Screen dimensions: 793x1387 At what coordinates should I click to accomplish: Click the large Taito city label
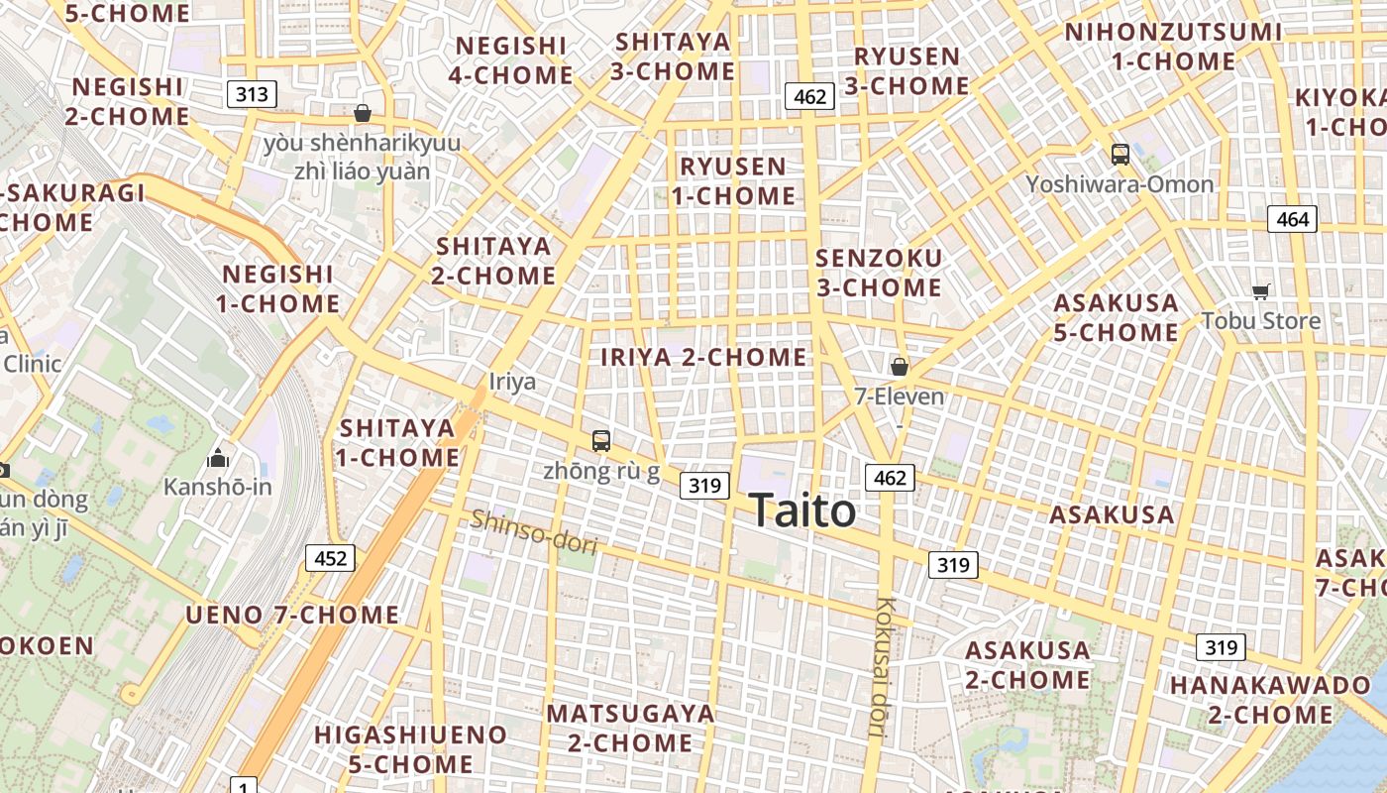(x=802, y=511)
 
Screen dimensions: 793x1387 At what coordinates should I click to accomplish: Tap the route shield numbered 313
(x=252, y=94)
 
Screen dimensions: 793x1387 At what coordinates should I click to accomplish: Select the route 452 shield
(x=330, y=558)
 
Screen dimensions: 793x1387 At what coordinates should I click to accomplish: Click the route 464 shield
(x=1293, y=219)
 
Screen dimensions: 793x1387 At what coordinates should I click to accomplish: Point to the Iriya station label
(x=512, y=382)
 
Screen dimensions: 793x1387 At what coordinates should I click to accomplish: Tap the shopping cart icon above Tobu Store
(x=1260, y=291)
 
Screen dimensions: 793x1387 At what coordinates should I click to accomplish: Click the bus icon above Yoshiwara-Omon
(x=1120, y=155)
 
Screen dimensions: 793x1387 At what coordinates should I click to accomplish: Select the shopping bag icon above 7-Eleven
(x=899, y=367)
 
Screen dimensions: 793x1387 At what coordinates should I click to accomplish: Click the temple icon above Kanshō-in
(x=217, y=458)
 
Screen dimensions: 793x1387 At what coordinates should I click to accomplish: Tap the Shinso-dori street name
(x=534, y=531)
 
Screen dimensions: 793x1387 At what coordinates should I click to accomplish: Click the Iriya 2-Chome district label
(x=703, y=357)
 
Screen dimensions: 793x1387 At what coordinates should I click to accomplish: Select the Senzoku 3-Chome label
(x=878, y=273)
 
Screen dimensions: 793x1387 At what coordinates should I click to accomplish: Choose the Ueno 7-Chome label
(x=292, y=615)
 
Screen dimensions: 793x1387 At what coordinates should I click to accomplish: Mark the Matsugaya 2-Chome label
(x=630, y=728)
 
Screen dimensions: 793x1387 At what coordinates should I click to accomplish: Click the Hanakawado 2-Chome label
(x=1270, y=700)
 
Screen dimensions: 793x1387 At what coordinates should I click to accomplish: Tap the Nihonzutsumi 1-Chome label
(x=1173, y=47)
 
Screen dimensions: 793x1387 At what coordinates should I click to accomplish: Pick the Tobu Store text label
(x=1261, y=321)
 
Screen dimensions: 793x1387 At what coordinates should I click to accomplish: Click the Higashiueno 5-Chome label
(x=410, y=749)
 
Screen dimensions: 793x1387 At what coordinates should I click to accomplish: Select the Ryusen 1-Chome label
(x=733, y=180)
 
